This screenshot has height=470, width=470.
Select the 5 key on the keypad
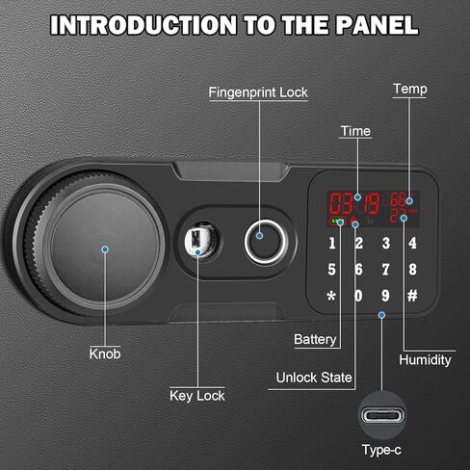[x=332, y=270]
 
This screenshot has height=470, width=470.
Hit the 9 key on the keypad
[x=385, y=296]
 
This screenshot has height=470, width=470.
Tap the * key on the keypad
[x=332, y=296]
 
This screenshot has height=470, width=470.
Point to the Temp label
[x=410, y=90]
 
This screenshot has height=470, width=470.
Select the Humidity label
[x=426, y=359]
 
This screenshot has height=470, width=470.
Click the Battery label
[x=316, y=339]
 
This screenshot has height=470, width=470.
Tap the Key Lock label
[x=197, y=394]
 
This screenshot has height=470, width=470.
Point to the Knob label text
[x=105, y=353]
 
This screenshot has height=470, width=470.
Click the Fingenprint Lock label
[x=260, y=92]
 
